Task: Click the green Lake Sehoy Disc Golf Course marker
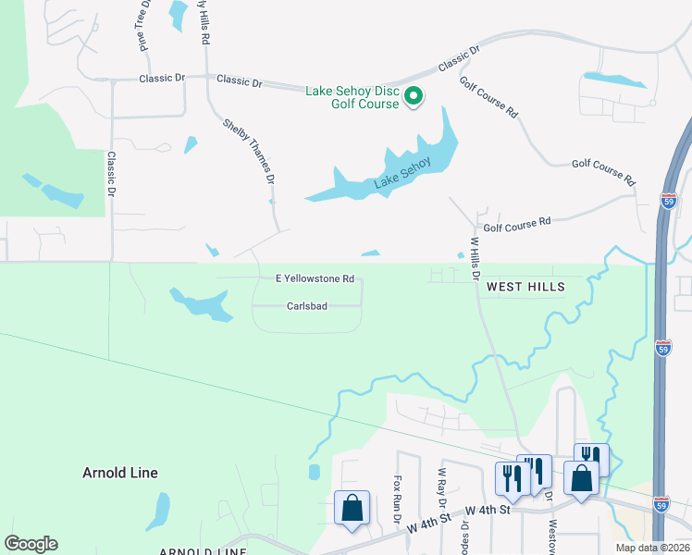click(x=414, y=95)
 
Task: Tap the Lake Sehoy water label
click(x=402, y=175)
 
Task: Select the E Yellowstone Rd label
click(x=315, y=277)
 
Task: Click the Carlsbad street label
click(x=307, y=305)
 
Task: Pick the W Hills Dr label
click(x=477, y=259)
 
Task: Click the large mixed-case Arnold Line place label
click(x=119, y=473)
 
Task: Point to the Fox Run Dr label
click(x=398, y=497)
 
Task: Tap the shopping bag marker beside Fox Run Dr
click(x=352, y=508)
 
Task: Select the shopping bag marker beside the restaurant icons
click(x=581, y=479)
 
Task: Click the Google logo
click(x=31, y=544)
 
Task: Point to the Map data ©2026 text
click(x=652, y=548)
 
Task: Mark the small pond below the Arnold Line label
click(x=159, y=511)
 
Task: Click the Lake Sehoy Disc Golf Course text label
click(x=352, y=97)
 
